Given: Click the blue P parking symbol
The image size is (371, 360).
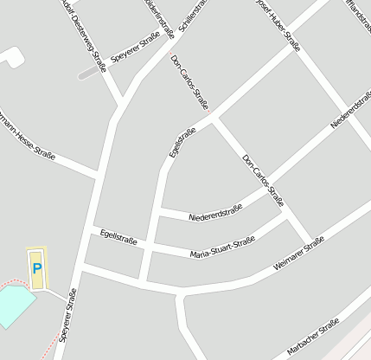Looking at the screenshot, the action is (36, 269).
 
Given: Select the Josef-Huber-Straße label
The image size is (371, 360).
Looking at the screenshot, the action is (278, 23).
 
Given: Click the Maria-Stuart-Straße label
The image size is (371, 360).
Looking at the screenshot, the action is (222, 247).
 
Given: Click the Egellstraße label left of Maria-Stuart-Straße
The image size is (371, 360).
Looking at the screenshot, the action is (118, 235).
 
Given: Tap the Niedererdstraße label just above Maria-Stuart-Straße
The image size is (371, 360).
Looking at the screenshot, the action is (215, 211).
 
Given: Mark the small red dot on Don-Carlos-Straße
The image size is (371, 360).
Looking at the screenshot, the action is (208, 112).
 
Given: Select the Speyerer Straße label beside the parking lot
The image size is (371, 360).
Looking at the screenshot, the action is (66, 321).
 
